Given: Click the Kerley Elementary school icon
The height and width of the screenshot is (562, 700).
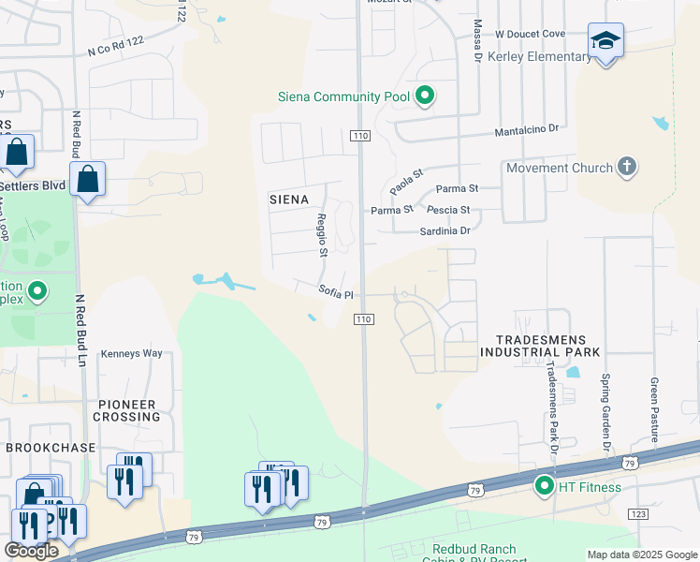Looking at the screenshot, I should (x=605, y=42).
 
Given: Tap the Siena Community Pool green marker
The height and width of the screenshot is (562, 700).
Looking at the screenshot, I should (x=425, y=95).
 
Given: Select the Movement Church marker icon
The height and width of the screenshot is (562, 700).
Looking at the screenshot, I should (x=627, y=168).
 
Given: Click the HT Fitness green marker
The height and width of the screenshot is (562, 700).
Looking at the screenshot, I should (x=544, y=486).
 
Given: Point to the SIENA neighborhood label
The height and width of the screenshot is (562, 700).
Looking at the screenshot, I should (x=289, y=200).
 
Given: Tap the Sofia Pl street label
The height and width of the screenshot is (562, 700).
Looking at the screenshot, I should (x=335, y=292).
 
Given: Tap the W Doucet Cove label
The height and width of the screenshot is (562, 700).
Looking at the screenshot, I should (x=531, y=34).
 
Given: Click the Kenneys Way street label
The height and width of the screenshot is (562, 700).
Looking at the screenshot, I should (x=132, y=353).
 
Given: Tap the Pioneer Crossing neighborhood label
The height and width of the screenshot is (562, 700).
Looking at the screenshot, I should (x=127, y=410).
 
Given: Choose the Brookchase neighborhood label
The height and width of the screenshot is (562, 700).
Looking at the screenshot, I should (x=51, y=448).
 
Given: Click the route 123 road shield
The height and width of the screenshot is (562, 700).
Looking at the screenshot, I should (x=639, y=514).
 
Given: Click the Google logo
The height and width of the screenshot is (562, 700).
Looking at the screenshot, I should (x=32, y=551).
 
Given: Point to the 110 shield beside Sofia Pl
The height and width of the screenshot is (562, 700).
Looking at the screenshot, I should (x=364, y=319).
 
